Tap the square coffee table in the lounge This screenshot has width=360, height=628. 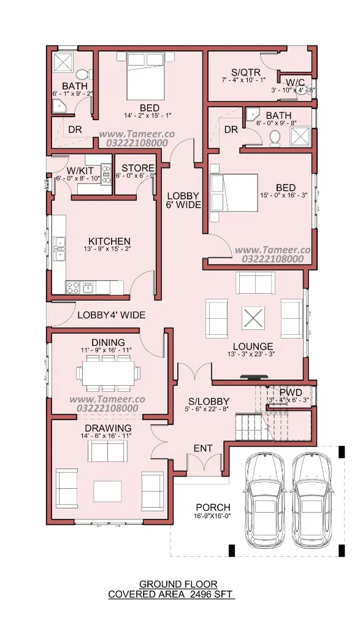pyautogui.click(x=253, y=319)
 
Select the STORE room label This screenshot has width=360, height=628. pyautogui.click(x=138, y=168)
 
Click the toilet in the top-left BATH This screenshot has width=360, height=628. pyautogui.click(x=83, y=74)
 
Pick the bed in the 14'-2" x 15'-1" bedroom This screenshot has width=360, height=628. pyautogui.click(x=145, y=76)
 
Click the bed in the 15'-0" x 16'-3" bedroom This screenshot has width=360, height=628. pyautogui.click(x=234, y=193)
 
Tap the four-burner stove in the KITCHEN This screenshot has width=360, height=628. pyautogui.click(x=73, y=287)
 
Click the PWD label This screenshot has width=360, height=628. pyautogui.click(x=290, y=392)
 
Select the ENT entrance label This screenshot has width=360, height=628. pyautogui.click(x=203, y=448)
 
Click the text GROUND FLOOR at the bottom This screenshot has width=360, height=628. pyautogui.click(x=178, y=584)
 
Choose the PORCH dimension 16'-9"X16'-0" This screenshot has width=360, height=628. pyautogui.click(x=213, y=515)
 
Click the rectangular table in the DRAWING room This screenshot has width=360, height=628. pyautogui.click(x=108, y=491)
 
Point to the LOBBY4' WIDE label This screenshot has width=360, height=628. pyautogui.click(x=112, y=315)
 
